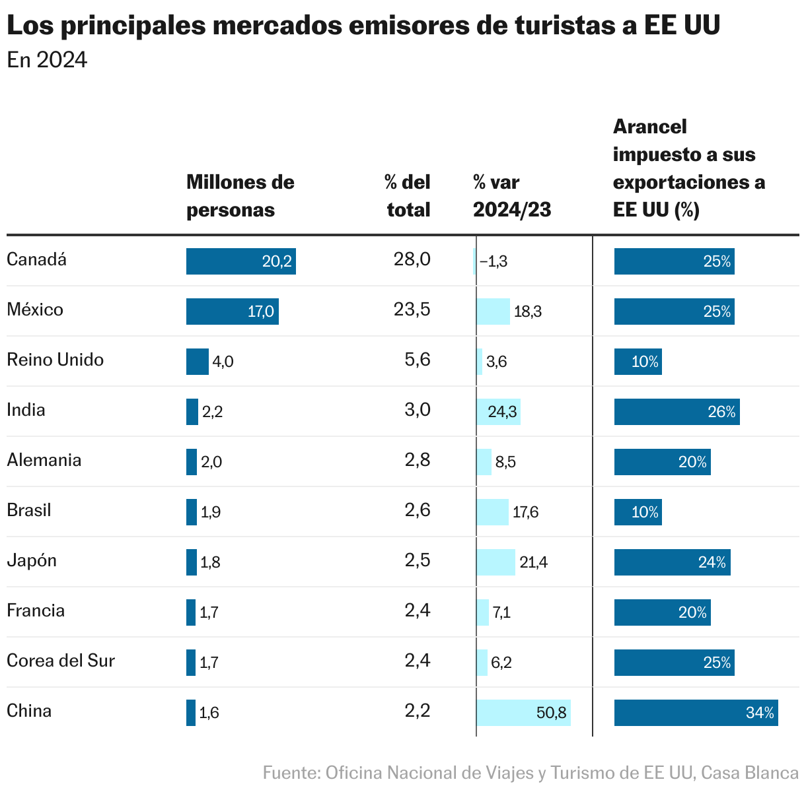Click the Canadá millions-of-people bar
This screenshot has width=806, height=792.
[240, 261]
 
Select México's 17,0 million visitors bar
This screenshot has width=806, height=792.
[232, 312]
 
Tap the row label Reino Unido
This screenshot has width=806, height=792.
[55, 360]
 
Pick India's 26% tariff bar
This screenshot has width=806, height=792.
[677, 412]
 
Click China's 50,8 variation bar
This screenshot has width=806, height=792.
[523, 713]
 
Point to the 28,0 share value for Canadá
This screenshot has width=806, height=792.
[412, 259]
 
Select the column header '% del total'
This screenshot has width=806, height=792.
[408, 196]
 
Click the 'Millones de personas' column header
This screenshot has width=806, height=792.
[240, 196]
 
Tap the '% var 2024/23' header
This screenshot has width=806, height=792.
[511, 196]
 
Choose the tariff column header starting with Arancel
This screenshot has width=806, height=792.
[688, 168]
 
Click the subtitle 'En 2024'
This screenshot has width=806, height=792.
[47, 60]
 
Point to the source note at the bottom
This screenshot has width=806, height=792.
[530, 773]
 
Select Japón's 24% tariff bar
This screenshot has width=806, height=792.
[672, 562]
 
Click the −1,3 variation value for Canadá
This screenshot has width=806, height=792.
[494, 261]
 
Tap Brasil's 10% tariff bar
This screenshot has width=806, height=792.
[638, 512]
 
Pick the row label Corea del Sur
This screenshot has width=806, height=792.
[61, 661]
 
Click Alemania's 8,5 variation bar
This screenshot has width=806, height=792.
[484, 462]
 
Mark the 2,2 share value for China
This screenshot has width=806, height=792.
[417, 711]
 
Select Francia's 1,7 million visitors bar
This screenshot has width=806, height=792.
[191, 612]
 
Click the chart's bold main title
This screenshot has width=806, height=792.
[363, 26]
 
